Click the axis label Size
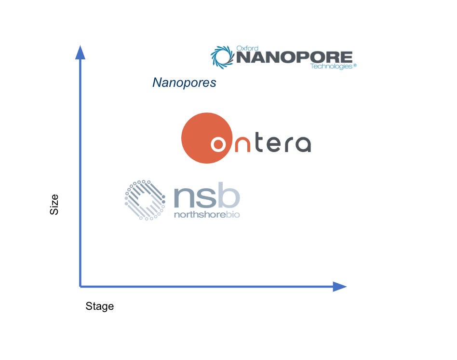[x=54, y=204]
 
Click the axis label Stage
[x=99, y=306]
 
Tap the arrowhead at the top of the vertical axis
[x=80, y=51]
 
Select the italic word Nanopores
[x=184, y=83]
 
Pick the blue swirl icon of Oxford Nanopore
[x=222, y=57]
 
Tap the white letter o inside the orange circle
[x=219, y=144]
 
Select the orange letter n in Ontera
[x=242, y=144]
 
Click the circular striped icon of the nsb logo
[x=145, y=200]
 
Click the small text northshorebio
[x=207, y=214]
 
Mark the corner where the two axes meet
[x=80, y=287]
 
